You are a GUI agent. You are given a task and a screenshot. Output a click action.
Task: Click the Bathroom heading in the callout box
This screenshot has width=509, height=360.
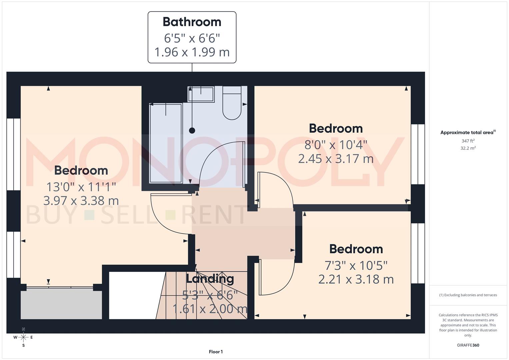coord(192,22)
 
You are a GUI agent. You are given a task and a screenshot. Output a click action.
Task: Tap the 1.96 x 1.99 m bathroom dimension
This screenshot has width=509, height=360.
coord(192,52)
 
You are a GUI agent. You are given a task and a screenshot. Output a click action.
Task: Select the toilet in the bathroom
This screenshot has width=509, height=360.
coord(232,103)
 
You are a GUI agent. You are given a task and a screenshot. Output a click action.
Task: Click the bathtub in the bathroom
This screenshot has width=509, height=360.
coord(166,143)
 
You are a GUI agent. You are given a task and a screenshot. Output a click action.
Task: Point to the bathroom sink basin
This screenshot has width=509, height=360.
coord(201,94)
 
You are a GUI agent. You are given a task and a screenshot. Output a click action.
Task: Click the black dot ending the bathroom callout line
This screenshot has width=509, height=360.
coord(192,130)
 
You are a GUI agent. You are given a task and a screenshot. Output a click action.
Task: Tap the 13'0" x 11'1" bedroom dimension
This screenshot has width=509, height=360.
coord(81,187)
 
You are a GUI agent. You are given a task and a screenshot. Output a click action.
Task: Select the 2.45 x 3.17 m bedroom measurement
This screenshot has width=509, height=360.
coord(336,159)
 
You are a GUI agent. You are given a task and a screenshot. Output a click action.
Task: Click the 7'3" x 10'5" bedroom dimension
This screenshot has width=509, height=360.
coord(356,265)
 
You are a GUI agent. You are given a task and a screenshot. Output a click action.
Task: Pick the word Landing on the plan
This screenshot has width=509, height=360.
coord(210,279)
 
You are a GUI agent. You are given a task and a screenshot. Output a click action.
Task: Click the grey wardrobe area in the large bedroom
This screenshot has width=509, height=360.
coord(61,303)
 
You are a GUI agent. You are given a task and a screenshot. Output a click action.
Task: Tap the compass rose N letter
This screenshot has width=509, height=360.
coord(23,329)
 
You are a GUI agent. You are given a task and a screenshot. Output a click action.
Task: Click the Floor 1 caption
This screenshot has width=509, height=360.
coord(216,352)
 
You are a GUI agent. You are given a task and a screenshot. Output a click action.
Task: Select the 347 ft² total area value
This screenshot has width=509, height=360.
coord(468,141)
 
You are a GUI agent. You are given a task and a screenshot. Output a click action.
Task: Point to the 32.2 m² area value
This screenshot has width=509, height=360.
coord(468,148)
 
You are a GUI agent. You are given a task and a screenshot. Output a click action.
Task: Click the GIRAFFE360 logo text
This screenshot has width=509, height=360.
coord(468,345)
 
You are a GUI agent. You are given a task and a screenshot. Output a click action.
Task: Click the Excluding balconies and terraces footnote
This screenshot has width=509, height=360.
coord(468,295)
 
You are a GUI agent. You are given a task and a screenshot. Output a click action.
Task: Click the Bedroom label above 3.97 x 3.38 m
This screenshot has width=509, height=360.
coord(81,170)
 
